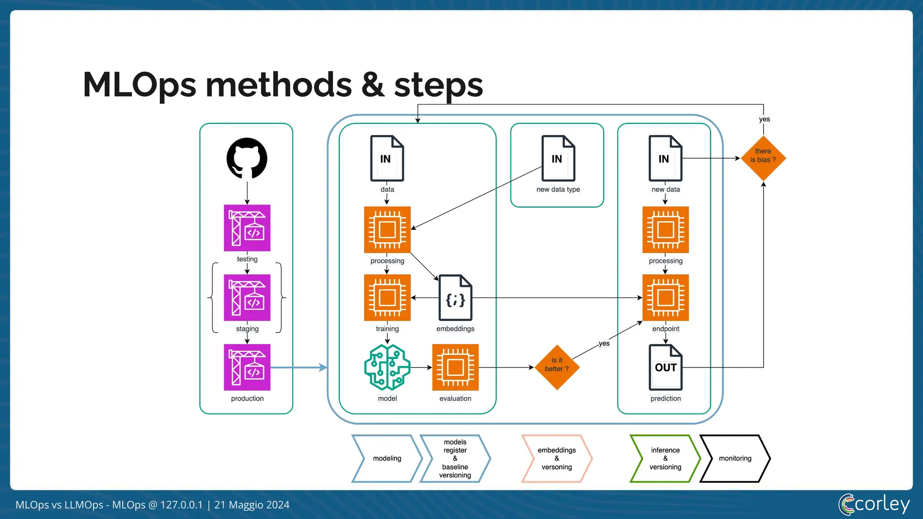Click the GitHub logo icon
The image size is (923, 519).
click(x=247, y=158)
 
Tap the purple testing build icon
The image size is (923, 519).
click(x=247, y=228)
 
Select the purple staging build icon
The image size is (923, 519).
click(x=247, y=297)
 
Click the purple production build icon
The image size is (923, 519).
click(x=247, y=367)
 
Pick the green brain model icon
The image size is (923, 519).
click(x=387, y=367)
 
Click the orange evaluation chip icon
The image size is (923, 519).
click(x=455, y=367)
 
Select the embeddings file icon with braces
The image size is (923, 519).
click(x=455, y=298)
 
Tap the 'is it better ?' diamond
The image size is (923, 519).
click(x=557, y=367)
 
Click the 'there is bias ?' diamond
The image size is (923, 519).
click(x=763, y=158)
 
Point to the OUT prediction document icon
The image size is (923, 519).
click(x=666, y=367)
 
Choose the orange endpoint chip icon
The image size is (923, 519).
click(x=666, y=297)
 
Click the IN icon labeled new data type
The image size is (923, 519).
click(x=558, y=158)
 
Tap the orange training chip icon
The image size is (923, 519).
click(x=387, y=297)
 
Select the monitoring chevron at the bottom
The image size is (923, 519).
click(x=735, y=458)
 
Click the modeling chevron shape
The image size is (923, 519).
click(x=387, y=458)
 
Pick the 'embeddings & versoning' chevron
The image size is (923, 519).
click(x=557, y=458)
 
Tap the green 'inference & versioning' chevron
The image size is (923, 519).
click(x=665, y=458)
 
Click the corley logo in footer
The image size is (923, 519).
click(x=874, y=504)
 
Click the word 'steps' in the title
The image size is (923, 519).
click(x=439, y=85)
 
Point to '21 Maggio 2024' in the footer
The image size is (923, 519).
click(x=252, y=505)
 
